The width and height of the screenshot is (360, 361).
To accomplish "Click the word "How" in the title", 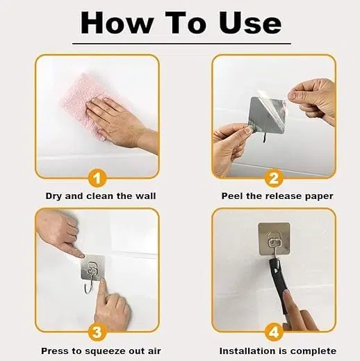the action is (x=117, y=23).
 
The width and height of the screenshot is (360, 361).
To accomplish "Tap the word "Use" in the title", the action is (x=250, y=23).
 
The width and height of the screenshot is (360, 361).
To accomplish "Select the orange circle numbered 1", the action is (x=97, y=178).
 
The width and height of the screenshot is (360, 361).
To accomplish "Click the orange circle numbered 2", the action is (x=274, y=178).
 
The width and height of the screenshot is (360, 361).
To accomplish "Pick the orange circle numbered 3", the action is (x=97, y=332).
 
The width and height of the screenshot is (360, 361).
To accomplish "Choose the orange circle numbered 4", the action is (x=274, y=332).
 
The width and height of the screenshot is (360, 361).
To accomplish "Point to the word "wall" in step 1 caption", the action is (x=145, y=196).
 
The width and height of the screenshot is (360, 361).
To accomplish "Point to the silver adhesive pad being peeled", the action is (x=266, y=116).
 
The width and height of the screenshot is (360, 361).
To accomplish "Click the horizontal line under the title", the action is (x=181, y=43).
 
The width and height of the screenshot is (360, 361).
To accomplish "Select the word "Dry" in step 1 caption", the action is (x=54, y=196).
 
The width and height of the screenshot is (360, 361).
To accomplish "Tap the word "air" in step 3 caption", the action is (x=154, y=351).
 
